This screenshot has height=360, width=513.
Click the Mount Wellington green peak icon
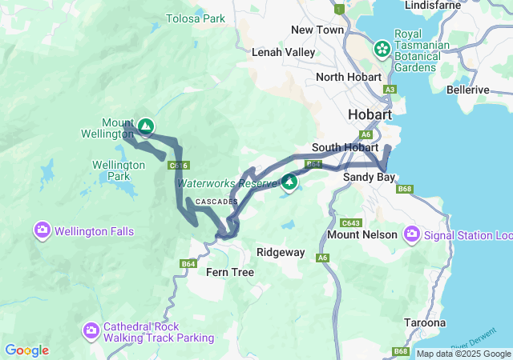point(145,126)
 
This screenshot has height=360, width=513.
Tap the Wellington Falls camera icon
point(42,231)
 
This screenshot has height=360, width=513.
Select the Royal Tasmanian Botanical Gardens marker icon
point(382,49)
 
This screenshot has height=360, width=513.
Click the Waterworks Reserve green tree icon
point(289,182)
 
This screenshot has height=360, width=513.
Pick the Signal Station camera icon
point(412,234)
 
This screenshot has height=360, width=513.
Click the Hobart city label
point(370,115)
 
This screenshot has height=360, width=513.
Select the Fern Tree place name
point(230,273)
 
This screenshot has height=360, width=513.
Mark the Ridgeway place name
point(281,252)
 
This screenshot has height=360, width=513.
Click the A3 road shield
point(390,90)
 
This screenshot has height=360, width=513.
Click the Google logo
point(26,350)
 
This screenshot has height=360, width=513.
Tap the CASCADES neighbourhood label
point(216,202)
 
